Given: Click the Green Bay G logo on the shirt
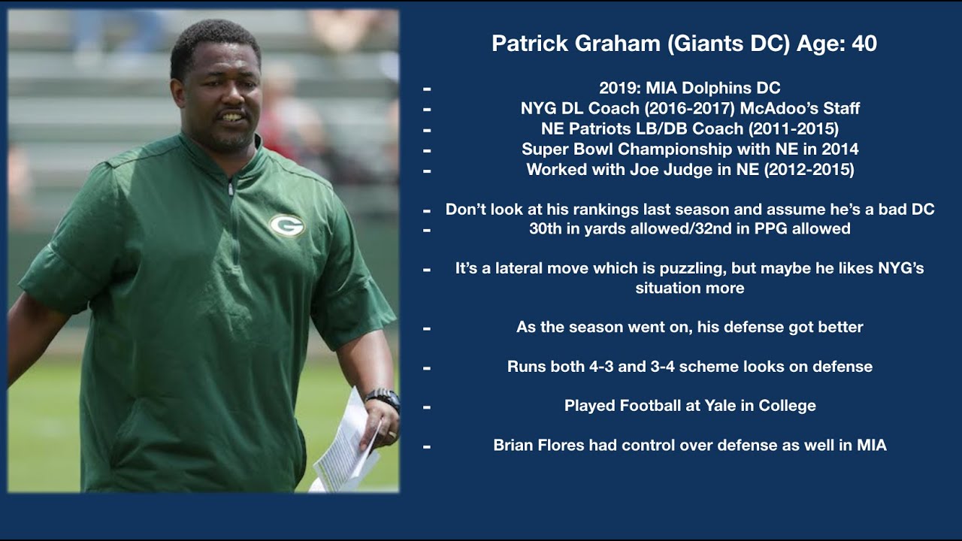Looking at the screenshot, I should pyautogui.click(x=286, y=225).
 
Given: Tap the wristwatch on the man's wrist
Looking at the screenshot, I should pyautogui.click(x=383, y=398).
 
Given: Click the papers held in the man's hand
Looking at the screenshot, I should pyautogui.click(x=347, y=443).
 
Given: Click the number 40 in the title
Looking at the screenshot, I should pyautogui.click(x=864, y=44).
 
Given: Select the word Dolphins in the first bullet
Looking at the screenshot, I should pyautogui.click(x=715, y=89).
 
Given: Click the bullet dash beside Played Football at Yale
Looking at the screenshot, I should pyautogui.click(x=427, y=407).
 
